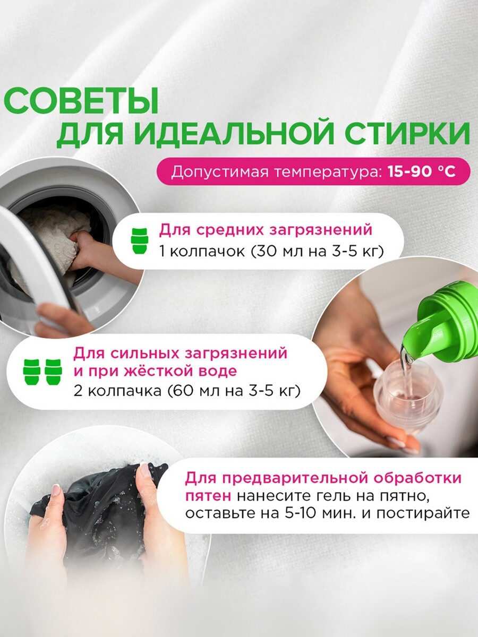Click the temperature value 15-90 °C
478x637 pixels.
(x=421, y=172)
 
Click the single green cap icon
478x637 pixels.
(x=139, y=241)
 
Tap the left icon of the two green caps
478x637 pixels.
(x=31, y=372)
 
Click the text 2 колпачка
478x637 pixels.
(x=117, y=391)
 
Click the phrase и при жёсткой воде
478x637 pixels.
(x=155, y=372)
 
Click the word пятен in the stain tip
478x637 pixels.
(x=208, y=496)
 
